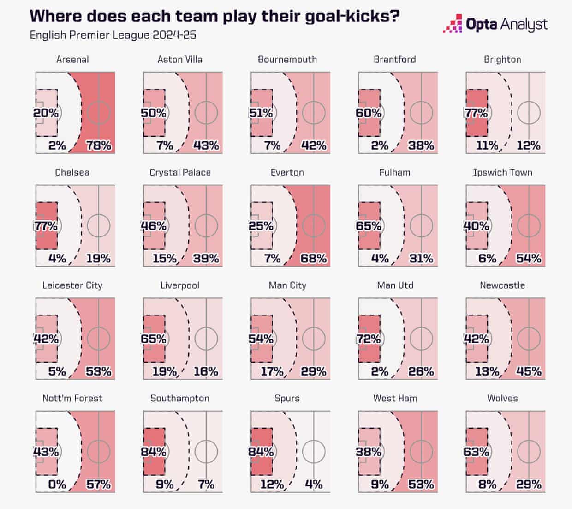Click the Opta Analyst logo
coord(495,24)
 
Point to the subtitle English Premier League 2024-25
coord(113,35)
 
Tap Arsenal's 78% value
coord(99,145)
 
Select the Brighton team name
coord(502,60)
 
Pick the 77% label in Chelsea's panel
coord(46,226)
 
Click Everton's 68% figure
coord(314,258)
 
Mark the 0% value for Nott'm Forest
coord(57,484)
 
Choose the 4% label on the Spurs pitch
coord(314,484)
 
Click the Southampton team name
coord(180,398)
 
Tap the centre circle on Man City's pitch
coord(314,339)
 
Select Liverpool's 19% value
coord(165,371)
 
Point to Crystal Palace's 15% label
coord(165,258)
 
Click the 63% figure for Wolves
coord(476,451)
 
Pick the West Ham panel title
coord(395,398)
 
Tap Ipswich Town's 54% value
coord(529,258)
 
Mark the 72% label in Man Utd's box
coord(369,339)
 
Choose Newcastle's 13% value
coord(487,371)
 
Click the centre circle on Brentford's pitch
coord(421,113)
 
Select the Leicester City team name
coord(72,285)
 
